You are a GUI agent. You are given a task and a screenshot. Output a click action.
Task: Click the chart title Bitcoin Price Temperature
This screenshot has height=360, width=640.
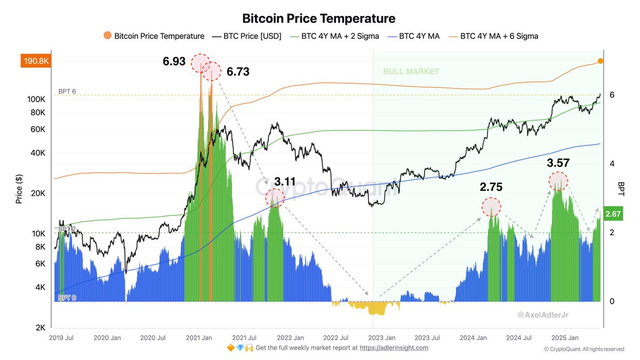pyautogui.click(x=319, y=19)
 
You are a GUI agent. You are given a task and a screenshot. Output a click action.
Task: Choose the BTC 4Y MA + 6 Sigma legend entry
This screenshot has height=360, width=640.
pyautogui.click(x=499, y=36)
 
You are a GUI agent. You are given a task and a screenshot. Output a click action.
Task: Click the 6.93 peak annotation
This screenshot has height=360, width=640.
pyautogui.click(x=174, y=62)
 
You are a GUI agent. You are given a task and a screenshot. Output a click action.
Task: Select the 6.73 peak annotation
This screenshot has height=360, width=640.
pyautogui.click(x=238, y=71)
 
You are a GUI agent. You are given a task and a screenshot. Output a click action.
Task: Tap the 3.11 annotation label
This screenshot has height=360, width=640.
pyautogui.click(x=285, y=181)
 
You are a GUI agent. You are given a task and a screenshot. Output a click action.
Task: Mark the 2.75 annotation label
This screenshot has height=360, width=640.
pyautogui.click(x=491, y=187)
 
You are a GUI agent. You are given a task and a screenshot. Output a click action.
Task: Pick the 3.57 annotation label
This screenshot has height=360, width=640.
pyautogui.click(x=558, y=163)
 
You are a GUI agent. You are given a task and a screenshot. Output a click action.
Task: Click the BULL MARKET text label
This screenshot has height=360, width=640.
pyautogui.click(x=411, y=71)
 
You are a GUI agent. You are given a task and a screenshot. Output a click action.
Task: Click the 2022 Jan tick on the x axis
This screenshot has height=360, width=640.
pyautogui.click(x=291, y=338)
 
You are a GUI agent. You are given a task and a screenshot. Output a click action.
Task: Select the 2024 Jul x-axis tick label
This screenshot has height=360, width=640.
pyautogui.click(x=519, y=338)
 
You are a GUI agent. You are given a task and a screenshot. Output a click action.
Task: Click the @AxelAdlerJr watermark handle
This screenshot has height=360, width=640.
pyautogui.click(x=543, y=315)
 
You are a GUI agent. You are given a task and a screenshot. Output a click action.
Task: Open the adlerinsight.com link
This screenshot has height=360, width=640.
pyautogui.click(x=394, y=348)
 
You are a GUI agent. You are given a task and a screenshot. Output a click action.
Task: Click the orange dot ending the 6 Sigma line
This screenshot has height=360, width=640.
pyautogui.click(x=601, y=61)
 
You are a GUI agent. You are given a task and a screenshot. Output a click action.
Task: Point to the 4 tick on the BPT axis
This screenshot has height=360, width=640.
pyautogui.click(x=612, y=164)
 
